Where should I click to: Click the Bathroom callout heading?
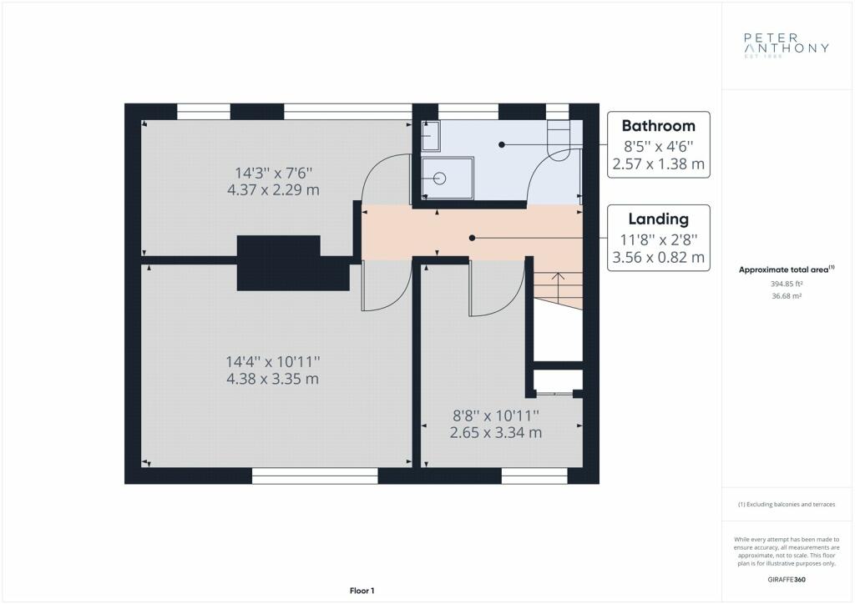coord(658,126)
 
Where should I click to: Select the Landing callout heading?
coord(658,219)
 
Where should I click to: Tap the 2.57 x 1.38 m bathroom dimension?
coord(658,164)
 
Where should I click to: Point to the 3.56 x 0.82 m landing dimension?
coord(658,257)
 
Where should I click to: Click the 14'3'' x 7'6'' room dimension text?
coord(273,174)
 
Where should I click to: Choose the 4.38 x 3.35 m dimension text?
coord(273,379)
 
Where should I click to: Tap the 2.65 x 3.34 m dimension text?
coord(496,432)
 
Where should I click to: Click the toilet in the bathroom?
coord(558,140)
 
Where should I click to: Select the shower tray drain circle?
coord(439,178)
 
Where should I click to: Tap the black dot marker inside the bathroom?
coord(502,144)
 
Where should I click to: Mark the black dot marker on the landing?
coord(473,238)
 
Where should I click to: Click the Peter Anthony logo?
coord(787,45)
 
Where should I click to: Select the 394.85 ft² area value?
coord(787,284)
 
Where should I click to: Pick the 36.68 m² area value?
coord(787,296)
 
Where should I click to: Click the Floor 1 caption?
coord(362,591)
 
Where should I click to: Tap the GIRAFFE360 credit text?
coord(787,580)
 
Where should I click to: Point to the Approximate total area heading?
coord(787,269)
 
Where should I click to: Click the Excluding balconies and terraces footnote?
coord(787,505)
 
